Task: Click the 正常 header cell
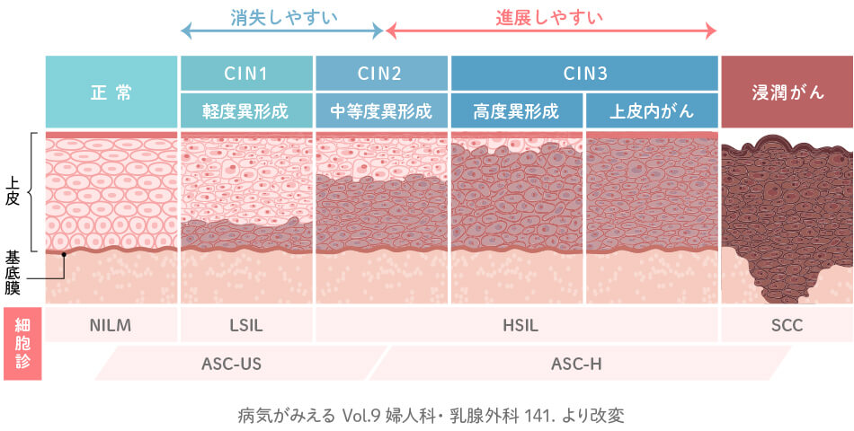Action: tap(111, 92)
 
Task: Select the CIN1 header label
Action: tap(246, 73)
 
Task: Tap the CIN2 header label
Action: tap(381, 73)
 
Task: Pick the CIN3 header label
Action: tap(584, 73)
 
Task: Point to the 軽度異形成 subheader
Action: tap(246, 111)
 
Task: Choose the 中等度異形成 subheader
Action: tap(381, 111)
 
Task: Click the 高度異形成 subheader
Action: tap(516, 111)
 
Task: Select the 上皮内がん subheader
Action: tap(652, 111)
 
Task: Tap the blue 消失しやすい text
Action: tap(282, 16)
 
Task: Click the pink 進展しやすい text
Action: tap(549, 16)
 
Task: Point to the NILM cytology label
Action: tap(111, 325)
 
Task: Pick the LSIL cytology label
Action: tap(246, 325)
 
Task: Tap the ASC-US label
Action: tap(231, 364)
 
